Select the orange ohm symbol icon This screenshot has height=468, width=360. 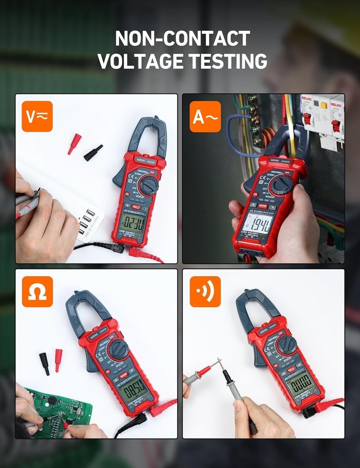pos(37,292)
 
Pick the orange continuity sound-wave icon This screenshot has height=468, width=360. pos(205,292)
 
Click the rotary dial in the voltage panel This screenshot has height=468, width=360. pos(149,185)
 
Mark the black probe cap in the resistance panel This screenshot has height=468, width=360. pos(44,363)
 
